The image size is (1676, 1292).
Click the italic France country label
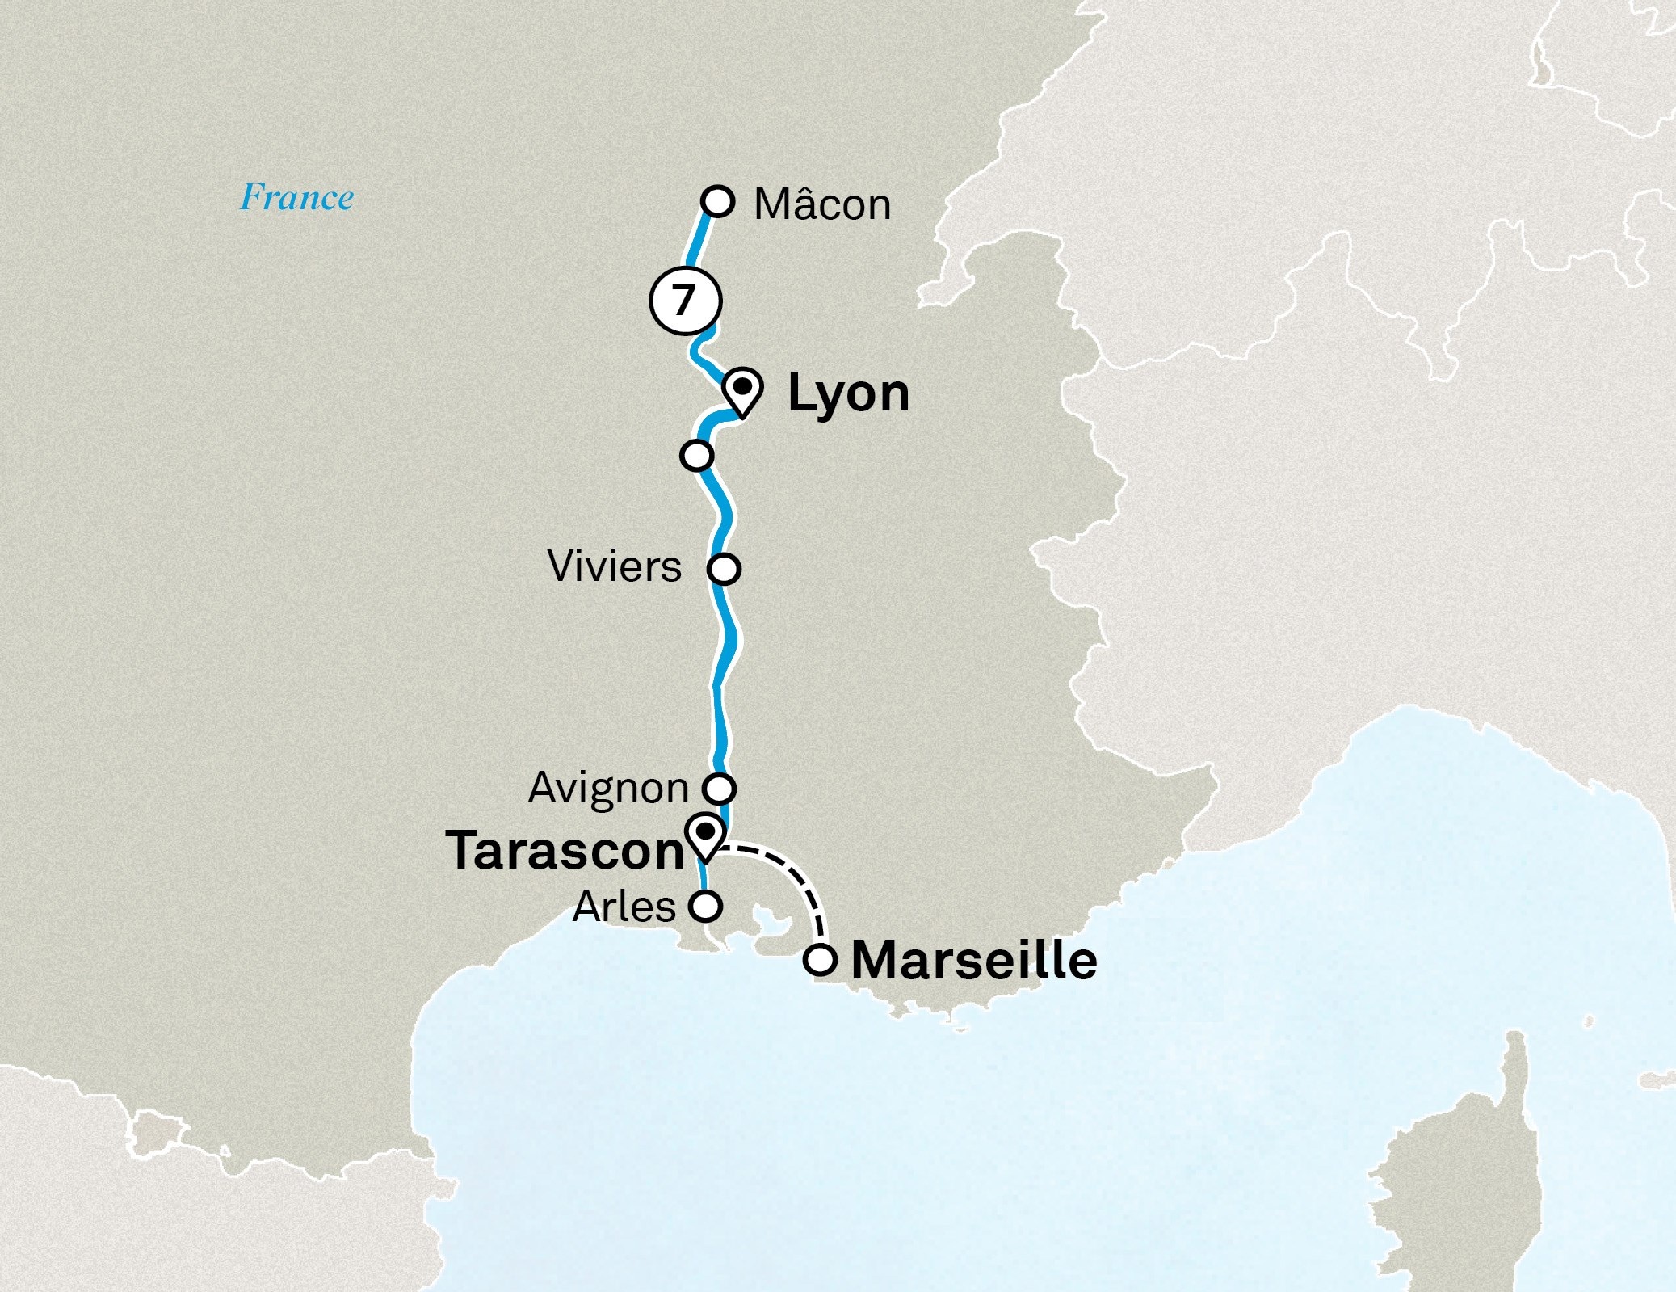click(x=296, y=198)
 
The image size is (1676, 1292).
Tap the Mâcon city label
click(x=821, y=204)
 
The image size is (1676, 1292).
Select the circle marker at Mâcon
click(x=718, y=201)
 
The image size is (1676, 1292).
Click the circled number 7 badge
click(x=685, y=301)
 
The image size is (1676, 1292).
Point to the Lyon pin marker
click(x=741, y=389)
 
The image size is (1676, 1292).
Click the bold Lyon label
click(x=848, y=393)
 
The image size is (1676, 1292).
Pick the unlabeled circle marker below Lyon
click(x=696, y=455)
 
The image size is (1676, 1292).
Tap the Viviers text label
click(x=615, y=566)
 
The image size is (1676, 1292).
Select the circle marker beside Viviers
click(x=724, y=569)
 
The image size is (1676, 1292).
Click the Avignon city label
click(x=608, y=788)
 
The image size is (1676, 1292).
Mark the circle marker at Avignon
click(x=720, y=787)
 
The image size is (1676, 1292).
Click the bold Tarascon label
click(x=565, y=851)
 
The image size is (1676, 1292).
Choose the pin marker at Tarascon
click(x=705, y=836)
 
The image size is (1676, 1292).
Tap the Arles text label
click(x=624, y=907)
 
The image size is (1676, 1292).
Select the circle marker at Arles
click(x=705, y=906)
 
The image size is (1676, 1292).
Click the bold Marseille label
click(x=974, y=960)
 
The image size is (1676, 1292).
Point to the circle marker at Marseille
click(x=821, y=961)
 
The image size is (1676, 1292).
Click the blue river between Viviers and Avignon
click(x=718, y=687)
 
